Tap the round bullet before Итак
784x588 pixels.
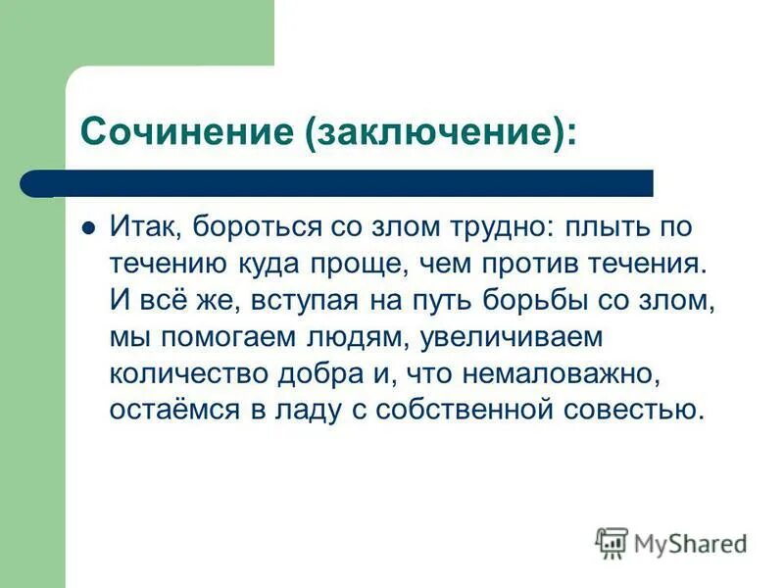point(87,226)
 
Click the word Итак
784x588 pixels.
point(144,227)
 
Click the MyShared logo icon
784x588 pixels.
point(612,542)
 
